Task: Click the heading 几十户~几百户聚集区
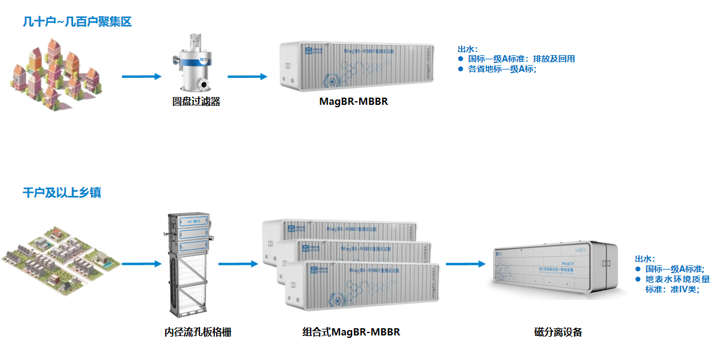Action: [77, 22]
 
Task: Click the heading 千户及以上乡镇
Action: [62, 193]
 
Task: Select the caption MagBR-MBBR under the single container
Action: [353, 101]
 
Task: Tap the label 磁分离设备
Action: [558, 332]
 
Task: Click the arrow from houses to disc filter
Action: [142, 77]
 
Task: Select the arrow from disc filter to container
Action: [247, 77]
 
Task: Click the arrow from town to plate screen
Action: [142, 264]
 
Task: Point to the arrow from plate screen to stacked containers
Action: [238, 264]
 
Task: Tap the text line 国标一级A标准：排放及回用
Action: [521, 59]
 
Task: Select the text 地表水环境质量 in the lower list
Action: [677, 279]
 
